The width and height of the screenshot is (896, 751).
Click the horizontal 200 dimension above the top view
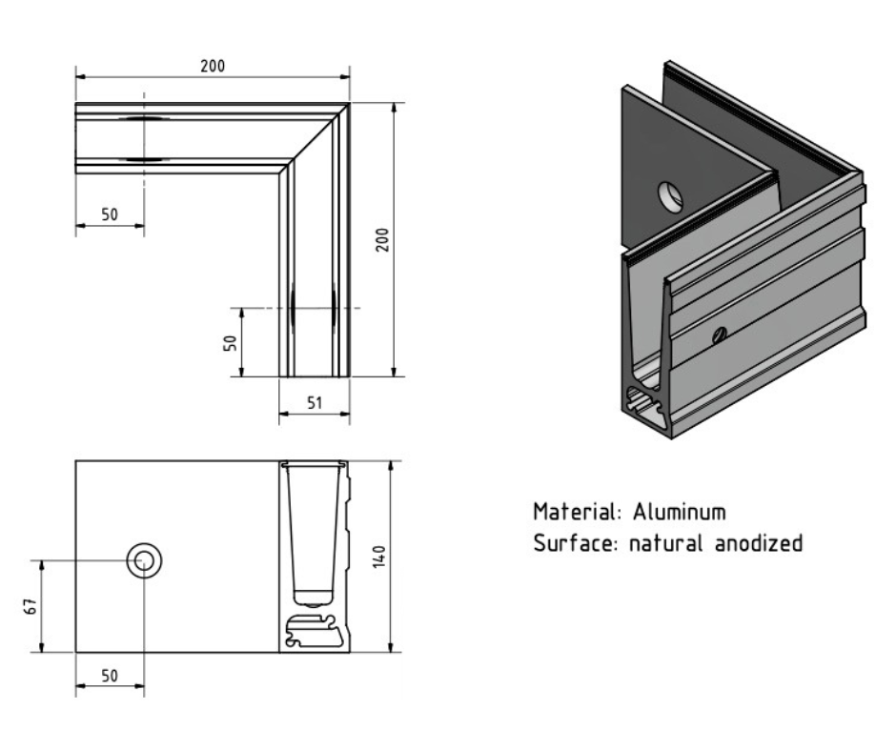213,66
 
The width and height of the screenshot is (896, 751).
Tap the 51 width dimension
315,403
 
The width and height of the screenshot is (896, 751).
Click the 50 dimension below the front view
110,676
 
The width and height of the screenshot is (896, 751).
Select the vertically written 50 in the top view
230,343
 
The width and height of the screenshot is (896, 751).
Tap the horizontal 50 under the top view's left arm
110,214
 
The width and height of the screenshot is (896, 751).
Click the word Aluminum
680,512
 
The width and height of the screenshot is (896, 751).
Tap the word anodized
759,544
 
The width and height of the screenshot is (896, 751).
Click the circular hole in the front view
145,561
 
